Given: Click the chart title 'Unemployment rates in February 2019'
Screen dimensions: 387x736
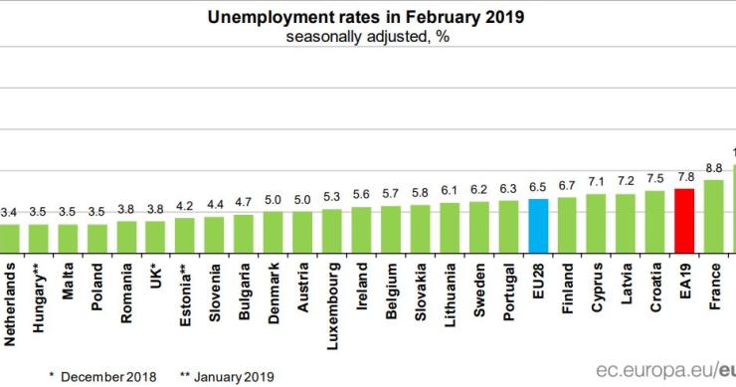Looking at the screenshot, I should point(365,17).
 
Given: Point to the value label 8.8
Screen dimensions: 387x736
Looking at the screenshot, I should point(713,168).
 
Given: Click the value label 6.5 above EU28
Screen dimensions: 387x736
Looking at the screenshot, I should point(538,187).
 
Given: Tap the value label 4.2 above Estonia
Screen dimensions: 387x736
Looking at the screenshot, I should point(185,207).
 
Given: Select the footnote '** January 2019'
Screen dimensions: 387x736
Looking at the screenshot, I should point(227,375).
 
